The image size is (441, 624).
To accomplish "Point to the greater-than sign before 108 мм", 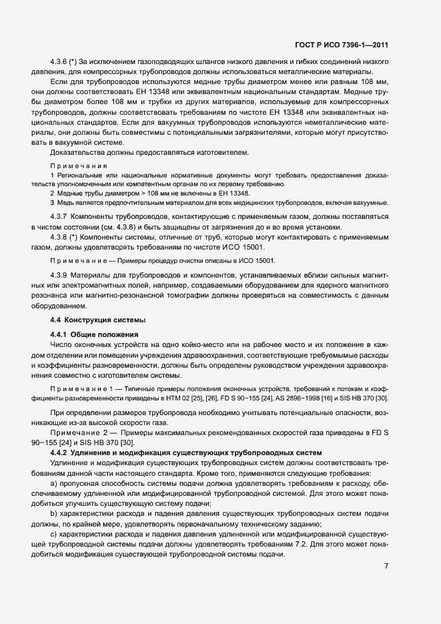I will tap(118, 192).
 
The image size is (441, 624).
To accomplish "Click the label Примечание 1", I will tap(80, 388).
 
